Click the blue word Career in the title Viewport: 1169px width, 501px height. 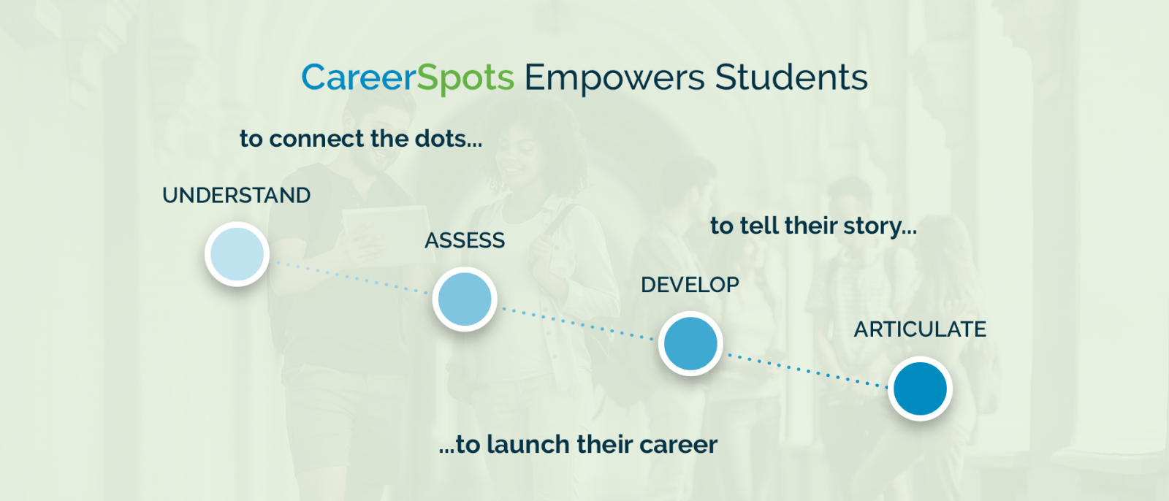click(359, 77)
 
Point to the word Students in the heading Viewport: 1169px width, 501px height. click(791, 77)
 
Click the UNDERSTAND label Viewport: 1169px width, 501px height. click(237, 196)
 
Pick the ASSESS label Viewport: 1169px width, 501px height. click(465, 240)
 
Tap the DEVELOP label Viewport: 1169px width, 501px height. click(690, 285)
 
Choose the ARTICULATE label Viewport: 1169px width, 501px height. click(920, 329)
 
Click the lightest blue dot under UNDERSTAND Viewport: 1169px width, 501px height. click(237, 254)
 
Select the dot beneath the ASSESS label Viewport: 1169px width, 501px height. click(465, 299)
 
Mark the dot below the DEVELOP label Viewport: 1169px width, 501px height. click(690, 343)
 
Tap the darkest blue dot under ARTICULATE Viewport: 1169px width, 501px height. click(920, 389)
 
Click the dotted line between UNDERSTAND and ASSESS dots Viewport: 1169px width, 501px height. click(351, 277)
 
